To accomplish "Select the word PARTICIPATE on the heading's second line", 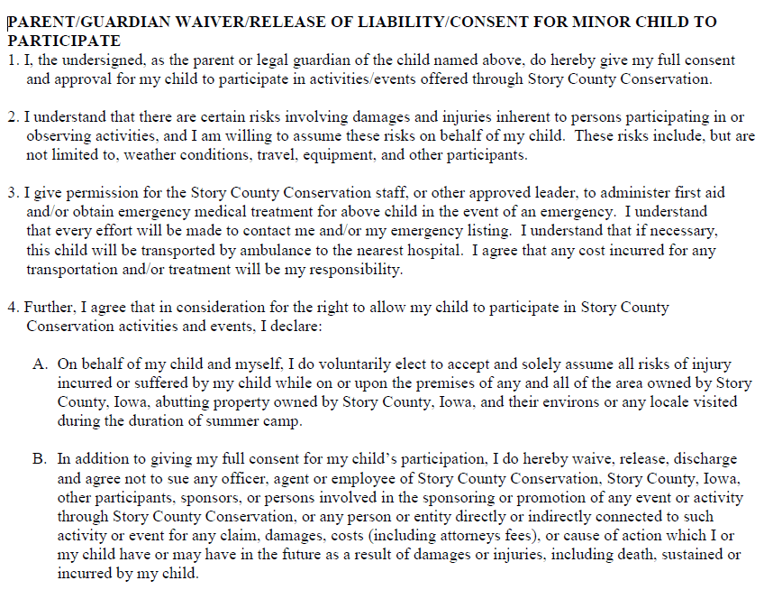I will [64, 41].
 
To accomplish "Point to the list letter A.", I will [40, 364].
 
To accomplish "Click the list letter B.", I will [40, 458].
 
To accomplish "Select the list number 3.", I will [12, 193].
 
